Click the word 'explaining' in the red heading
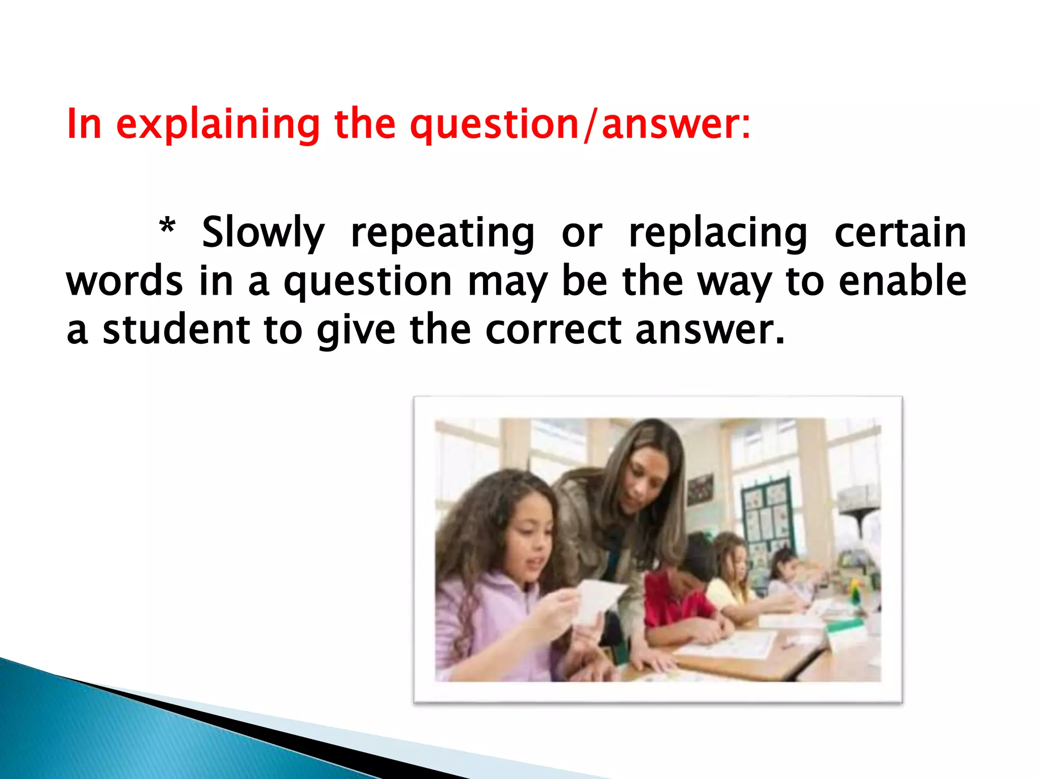pyautogui.click(x=218, y=124)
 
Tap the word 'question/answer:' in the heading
pyautogui.click(x=580, y=124)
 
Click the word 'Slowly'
pyautogui.click(x=263, y=233)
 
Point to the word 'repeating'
pyautogui.click(x=442, y=233)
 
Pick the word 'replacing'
pyautogui.click(x=717, y=233)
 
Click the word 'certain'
pyautogui.click(x=900, y=233)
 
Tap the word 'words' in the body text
pyautogui.click(x=124, y=281)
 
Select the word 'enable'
pyautogui.click(x=903, y=281)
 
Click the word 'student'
pyautogui.click(x=177, y=330)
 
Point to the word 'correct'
pyautogui.click(x=553, y=330)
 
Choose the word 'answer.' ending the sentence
pyautogui.click(x=710, y=330)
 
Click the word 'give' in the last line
pyautogui.click(x=356, y=331)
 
